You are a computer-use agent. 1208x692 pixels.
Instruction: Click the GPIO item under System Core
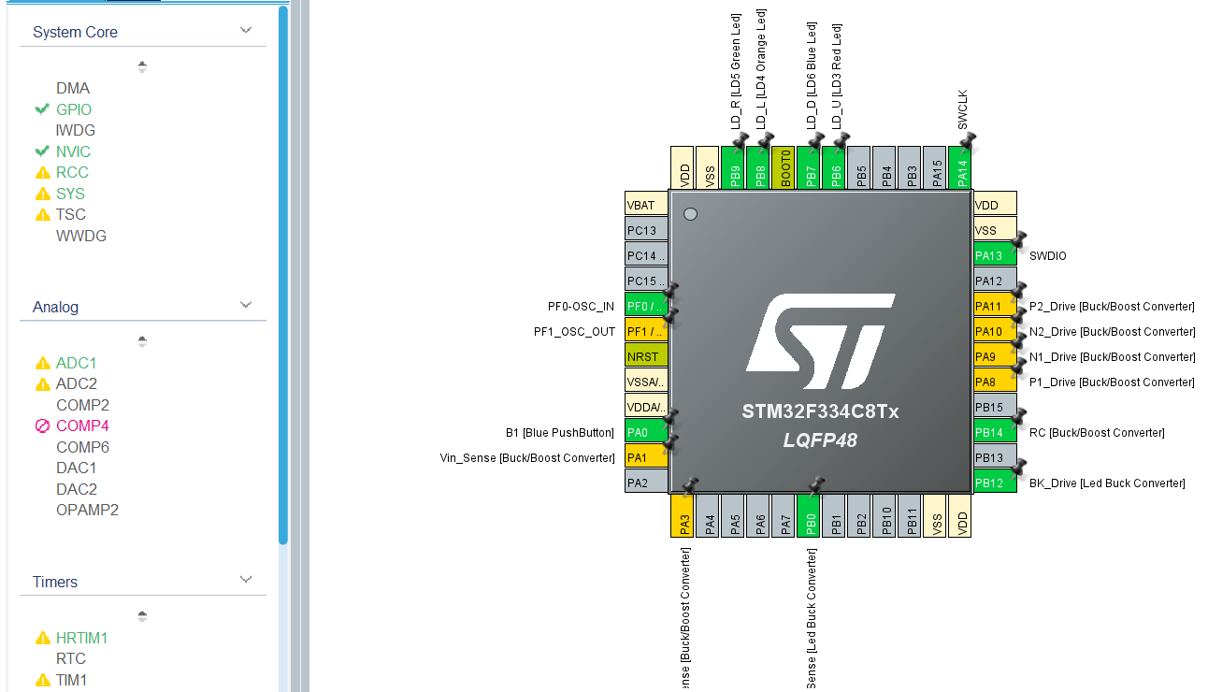pyautogui.click(x=74, y=109)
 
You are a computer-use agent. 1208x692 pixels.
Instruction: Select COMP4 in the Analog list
pyautogui.click(x=82, y=425)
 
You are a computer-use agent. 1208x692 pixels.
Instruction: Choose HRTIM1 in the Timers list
pyautogui.click(x=81, y=638)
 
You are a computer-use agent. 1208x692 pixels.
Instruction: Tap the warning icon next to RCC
pyautogui.click(x=42, y=173)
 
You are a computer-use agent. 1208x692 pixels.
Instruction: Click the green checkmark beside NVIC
pyautogui.click(x=42, y=151)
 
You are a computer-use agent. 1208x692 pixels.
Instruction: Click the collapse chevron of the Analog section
pyautogui.click(x=246, y=305)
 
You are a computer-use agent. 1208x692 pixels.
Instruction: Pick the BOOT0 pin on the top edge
pyautogui.click(x=785, y=167)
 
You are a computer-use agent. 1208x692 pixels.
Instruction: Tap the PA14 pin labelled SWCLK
pyautogui.click(x=959, y=167)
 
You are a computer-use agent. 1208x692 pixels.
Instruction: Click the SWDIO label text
pyautogui.click(x=1047, y=256)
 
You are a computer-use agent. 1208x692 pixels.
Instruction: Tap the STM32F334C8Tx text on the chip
pyautogui.click(x=820, y=411)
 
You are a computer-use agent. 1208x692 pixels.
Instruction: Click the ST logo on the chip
pyautogui.click(x=820, y=341)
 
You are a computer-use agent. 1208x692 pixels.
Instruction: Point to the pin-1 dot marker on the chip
pyautogui.click(x=691, y=214)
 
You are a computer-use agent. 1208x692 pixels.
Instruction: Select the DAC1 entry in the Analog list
pyautogui.click(x=76, y=468)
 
